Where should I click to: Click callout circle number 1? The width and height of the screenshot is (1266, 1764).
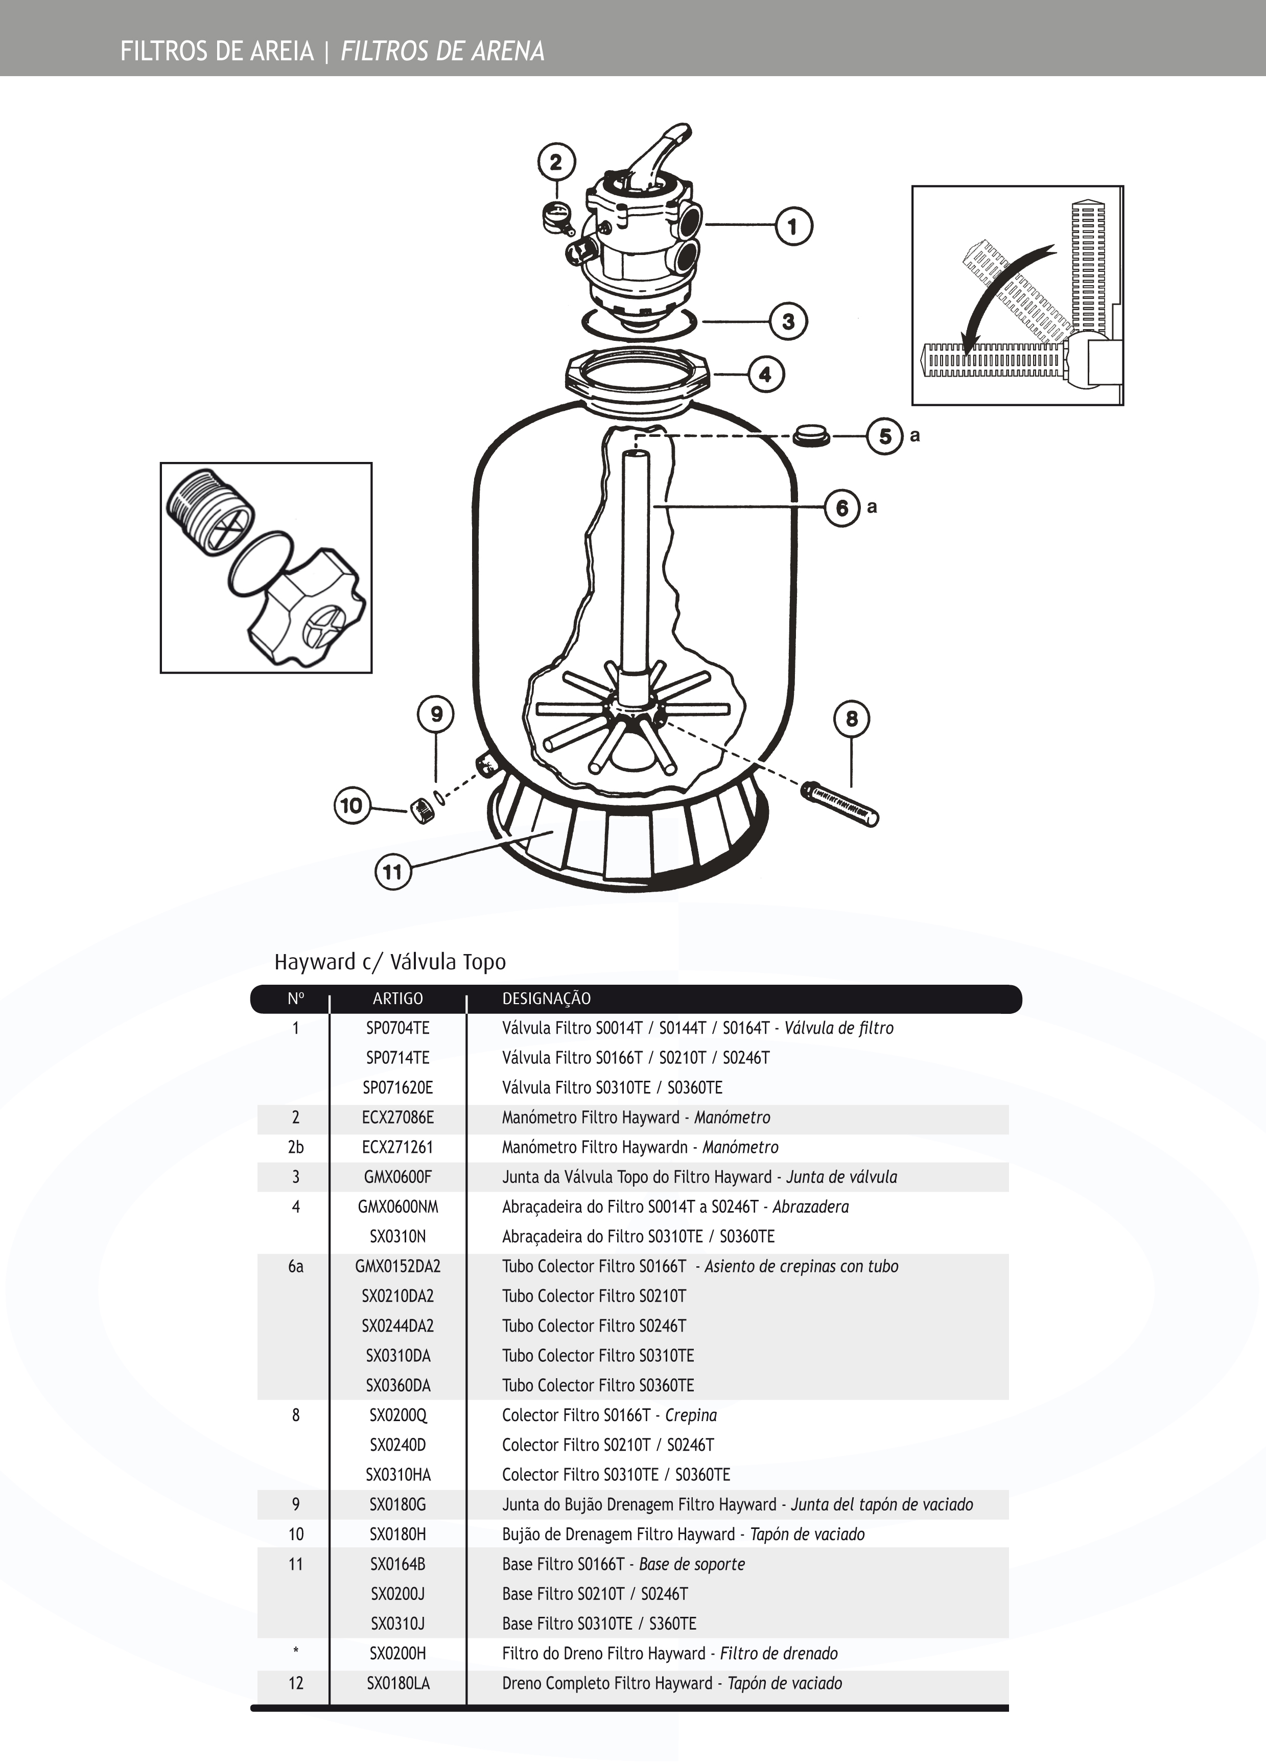click(x=792, y=226)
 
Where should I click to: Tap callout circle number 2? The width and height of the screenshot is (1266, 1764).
click(x=556, y=162)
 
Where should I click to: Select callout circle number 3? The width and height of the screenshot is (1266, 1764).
click(x=788, y=321)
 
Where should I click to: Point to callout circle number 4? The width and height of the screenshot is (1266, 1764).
click(x=765, y=374)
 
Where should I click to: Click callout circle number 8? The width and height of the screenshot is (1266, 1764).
click(x=852, y=718)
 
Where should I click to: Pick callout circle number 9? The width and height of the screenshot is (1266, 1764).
click(x=436, y=714)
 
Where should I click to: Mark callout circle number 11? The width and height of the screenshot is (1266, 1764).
click(x=393, y=871)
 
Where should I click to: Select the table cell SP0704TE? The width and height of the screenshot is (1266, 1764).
click(x=397, y=1028)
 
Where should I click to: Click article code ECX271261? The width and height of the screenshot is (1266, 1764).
click(x=397, y=1147)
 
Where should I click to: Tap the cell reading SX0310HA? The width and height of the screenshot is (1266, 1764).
click(x=397, y=1475)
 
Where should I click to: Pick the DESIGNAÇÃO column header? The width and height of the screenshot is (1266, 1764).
click(x=546, y=999)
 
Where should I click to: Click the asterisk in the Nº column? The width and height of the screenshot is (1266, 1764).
click(x=295, y=1652)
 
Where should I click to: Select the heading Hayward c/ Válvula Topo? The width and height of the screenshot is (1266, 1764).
click(x=390, y=962)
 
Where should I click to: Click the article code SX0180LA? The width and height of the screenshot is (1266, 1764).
click(x=397, y=1683)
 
